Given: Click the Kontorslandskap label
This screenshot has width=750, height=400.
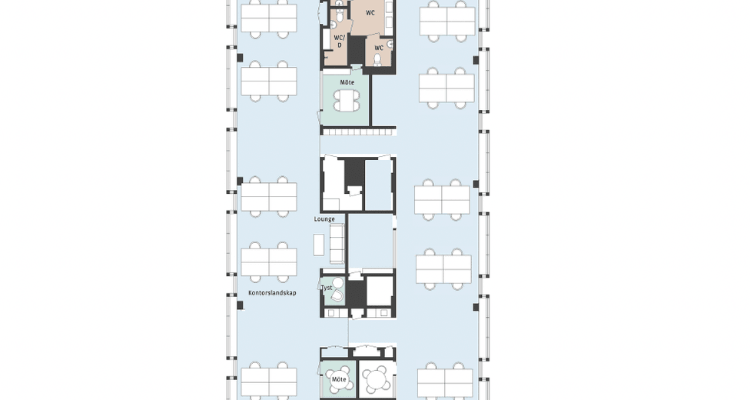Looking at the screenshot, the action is pos(272,293).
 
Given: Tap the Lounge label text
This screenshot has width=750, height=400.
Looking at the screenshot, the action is pos(324,219).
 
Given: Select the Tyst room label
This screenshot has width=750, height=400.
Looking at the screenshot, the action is pos(327,288).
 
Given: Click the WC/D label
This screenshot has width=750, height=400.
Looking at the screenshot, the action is pos(339,42).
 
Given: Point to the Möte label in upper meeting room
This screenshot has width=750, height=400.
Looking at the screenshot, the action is pos(347,82).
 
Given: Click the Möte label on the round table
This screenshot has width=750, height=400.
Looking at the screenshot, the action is pos(339,379).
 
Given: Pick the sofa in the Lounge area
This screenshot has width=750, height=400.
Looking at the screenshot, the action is pos(337,243).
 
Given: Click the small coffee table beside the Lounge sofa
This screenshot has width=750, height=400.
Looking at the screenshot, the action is pos(319,245).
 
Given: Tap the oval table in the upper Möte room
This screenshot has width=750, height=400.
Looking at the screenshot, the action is pos(347,101).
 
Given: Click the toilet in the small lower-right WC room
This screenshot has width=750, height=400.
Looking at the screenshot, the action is pos(377,59).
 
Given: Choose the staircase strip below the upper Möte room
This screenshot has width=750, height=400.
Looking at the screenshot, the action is pos(358,131).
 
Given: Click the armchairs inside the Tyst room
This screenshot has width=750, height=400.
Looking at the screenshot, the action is pos(337,290).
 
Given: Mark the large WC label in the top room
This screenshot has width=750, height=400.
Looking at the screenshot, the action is pos(370,13).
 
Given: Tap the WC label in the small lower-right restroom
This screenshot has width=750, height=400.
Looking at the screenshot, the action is pos(379,48).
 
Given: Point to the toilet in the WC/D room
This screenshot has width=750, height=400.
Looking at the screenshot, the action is pos(339,17).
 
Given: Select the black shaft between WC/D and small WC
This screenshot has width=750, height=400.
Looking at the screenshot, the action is pos(355,49).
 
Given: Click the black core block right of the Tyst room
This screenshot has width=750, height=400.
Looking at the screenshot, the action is pos(355,294).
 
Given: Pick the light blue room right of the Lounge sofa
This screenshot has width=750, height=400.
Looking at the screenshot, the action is pos(371,242).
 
